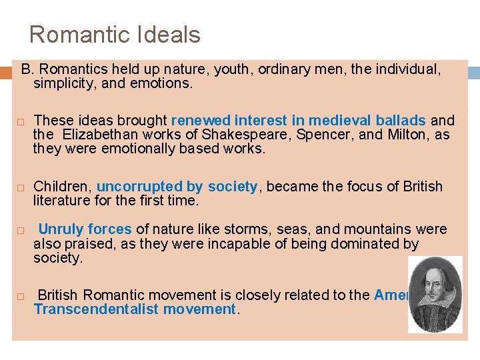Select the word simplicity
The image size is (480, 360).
click(61, 84)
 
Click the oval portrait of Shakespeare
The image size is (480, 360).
click(435, 293)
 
